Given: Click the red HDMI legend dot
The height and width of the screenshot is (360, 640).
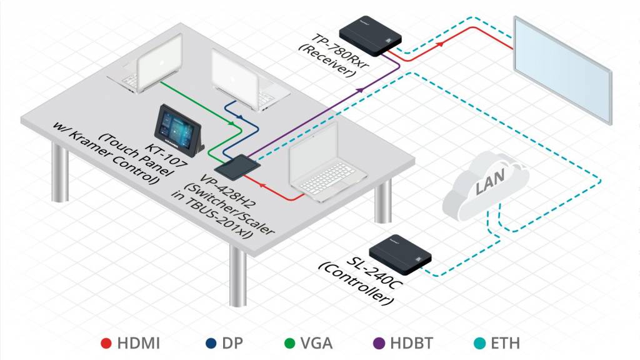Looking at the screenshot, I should (x=106, y=343).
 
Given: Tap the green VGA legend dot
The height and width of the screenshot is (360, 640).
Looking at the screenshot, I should (x=290, y=343).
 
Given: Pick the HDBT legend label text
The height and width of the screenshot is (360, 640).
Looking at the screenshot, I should (x=408, y=343).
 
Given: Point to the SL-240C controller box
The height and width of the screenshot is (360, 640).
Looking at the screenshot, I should (x=400, y=256).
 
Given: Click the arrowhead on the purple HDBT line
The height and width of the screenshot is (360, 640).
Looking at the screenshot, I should (x=360, y=91).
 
